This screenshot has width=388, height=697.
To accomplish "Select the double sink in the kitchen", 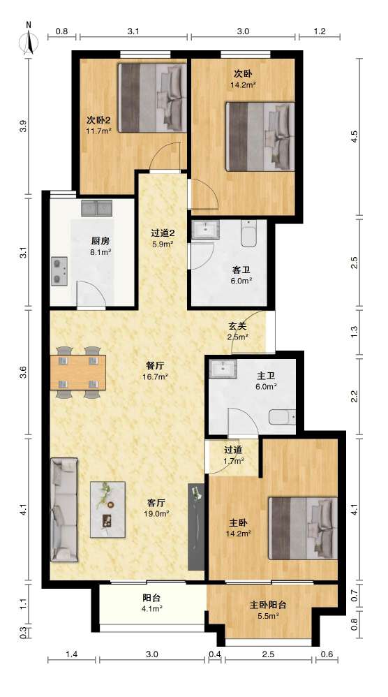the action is pos(97,208).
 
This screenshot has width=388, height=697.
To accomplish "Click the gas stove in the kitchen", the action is pos(59,271).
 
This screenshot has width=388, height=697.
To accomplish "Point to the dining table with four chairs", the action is pos(77,372).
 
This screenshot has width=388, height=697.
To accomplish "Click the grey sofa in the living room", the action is pos(64,509).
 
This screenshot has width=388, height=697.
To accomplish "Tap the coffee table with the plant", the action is pos(108,509).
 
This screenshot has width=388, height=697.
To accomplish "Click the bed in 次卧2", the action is pos(152,98).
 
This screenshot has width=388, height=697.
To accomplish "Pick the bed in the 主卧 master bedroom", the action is pos(303,528).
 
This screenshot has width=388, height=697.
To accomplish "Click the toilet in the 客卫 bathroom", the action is pos(249,233).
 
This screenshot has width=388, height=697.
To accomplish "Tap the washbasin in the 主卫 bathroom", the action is pos(223,369).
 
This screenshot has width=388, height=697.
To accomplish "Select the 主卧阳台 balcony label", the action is pos(268,605).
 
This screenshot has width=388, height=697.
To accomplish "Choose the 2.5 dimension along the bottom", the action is pos(268,654).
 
